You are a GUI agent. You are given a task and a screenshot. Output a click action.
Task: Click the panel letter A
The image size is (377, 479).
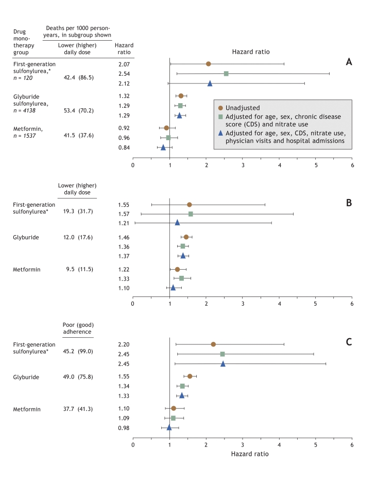coord(349,62)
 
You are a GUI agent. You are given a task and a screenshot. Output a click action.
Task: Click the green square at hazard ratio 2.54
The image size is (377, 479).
coord(226,74)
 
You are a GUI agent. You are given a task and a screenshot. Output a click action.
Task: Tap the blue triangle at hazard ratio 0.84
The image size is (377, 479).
coord(163,147)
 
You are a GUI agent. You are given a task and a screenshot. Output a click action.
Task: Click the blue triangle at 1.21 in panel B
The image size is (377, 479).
coord(177,223)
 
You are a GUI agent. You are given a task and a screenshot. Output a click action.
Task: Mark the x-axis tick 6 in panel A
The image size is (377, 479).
coord(352,166)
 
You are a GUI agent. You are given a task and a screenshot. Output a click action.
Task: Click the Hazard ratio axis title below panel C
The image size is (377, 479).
coord(242,455)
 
